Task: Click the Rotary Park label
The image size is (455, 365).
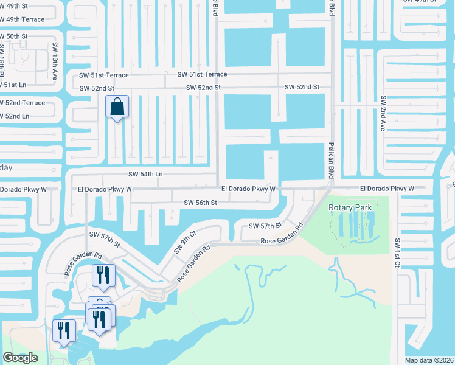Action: pyautogui.click(x=350, y=207)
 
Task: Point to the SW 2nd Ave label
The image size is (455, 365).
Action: pyautogui.click(x=383, y=113)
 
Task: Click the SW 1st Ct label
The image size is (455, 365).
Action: pyautogui.click(x=397, y=252)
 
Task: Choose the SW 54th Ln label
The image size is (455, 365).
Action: pyautogui.click(x=145, y=174)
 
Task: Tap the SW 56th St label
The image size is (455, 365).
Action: pyautogui.click(x=200, y=203)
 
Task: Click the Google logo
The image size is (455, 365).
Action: pyautogui.click(x=20, y=358)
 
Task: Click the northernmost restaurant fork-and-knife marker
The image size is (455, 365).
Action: pyautogui.click(x=103, y=274)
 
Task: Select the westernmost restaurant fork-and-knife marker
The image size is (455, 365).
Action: pyautogui.click(x=63, y=330)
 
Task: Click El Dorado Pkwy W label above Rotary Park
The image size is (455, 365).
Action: pyautogui.click(x=386, y=189)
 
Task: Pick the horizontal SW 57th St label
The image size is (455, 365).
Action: pyautogui.click(x=265, y=226)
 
